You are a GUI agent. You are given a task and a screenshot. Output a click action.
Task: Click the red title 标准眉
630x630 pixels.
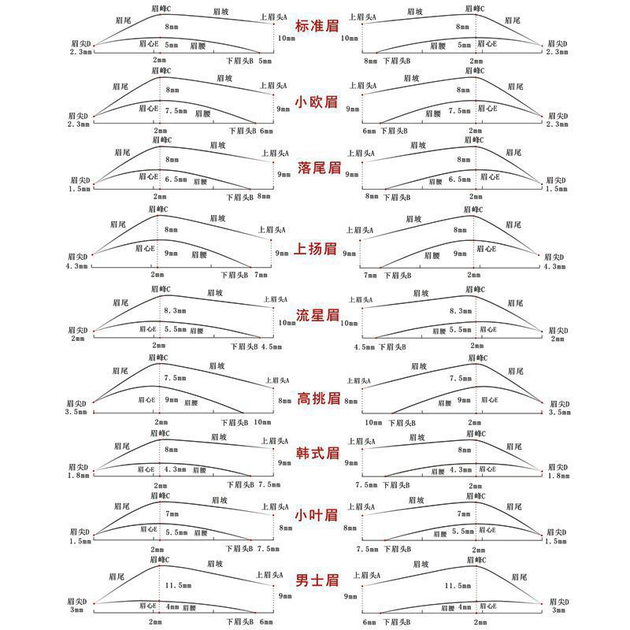317,26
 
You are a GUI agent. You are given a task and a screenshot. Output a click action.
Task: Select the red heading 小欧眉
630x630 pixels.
317,102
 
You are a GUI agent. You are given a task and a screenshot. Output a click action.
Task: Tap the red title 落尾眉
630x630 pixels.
317,167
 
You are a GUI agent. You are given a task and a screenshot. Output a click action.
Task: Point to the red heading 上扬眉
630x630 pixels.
317,250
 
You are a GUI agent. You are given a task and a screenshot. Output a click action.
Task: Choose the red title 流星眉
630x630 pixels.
317,316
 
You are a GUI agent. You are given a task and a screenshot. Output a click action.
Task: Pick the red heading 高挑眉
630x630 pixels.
317,398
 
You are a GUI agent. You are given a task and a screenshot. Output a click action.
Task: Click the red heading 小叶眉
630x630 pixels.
317,515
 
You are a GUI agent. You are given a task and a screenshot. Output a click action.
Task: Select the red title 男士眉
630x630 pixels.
317,580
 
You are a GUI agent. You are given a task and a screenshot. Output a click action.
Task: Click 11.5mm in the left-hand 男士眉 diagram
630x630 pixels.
180,585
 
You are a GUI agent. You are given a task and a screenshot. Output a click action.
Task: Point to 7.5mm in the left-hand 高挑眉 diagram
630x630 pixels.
176,378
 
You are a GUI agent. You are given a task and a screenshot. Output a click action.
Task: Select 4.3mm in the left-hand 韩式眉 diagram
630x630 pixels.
175,469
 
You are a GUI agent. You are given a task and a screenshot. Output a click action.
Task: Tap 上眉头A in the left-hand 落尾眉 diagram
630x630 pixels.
275,153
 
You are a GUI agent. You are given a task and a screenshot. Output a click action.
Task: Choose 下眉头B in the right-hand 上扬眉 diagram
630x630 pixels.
396,275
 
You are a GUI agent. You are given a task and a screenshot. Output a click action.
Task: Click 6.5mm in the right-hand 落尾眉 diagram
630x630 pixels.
460,180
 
